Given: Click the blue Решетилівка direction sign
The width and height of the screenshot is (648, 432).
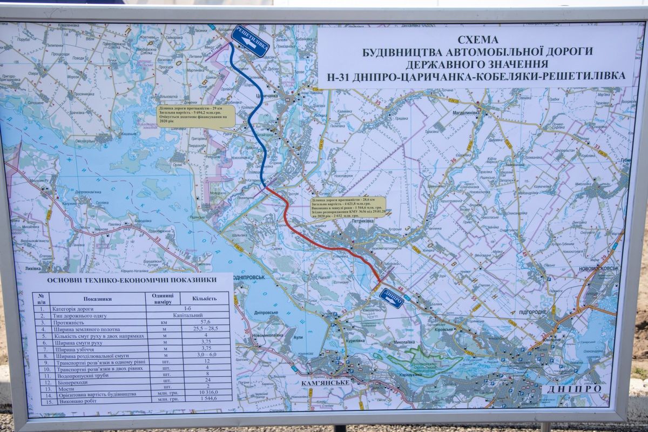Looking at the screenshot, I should coord(249,40).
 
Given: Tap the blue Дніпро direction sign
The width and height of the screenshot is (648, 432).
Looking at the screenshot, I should coord(391,298).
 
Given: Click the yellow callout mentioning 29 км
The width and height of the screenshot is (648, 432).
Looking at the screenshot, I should coord(196,116).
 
